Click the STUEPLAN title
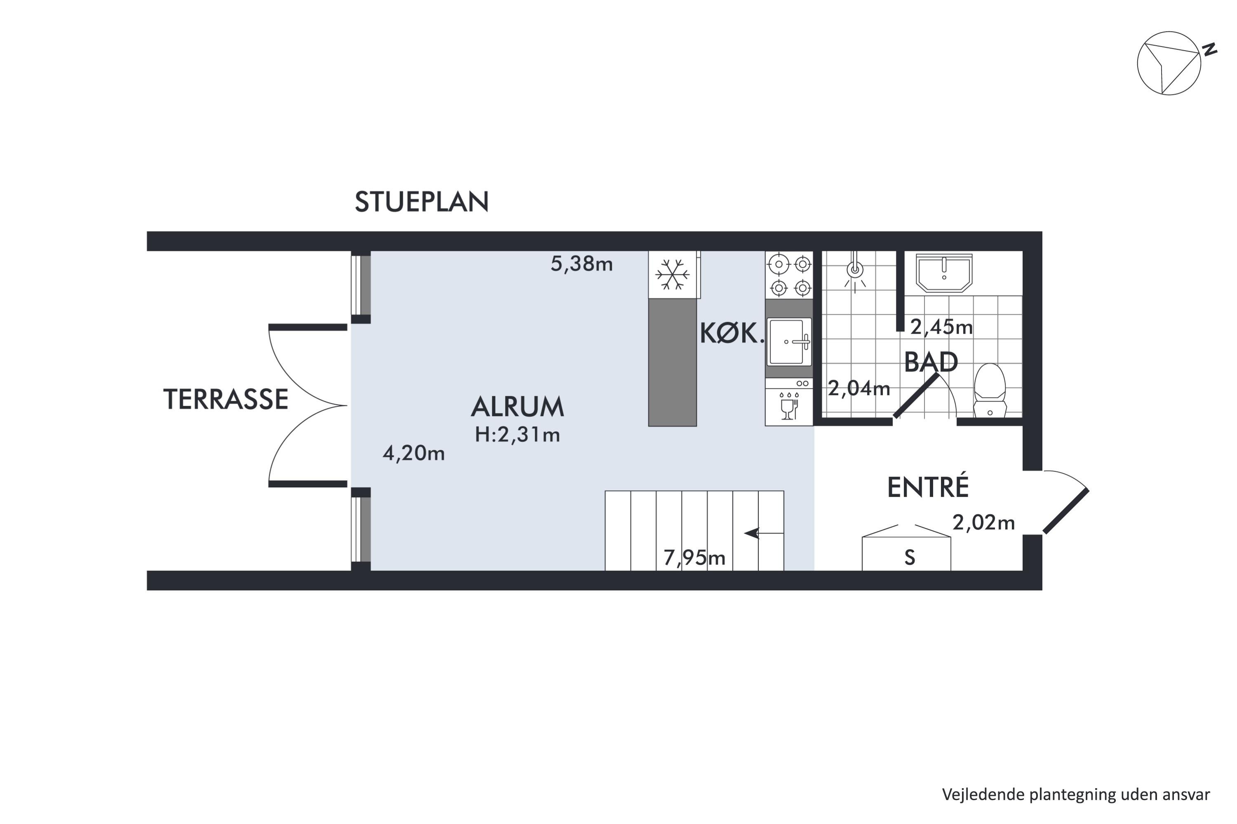(421, 202)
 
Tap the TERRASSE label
(226, 399)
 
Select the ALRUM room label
(517, 407)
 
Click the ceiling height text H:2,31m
(517, 435)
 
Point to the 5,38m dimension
(582, 264)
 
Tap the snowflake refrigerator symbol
(672, 274)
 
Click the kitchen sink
(789, 342)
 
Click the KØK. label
(731, 334)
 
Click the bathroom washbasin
(944, 273)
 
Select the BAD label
(931, 362)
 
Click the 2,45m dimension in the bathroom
(941, 328)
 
